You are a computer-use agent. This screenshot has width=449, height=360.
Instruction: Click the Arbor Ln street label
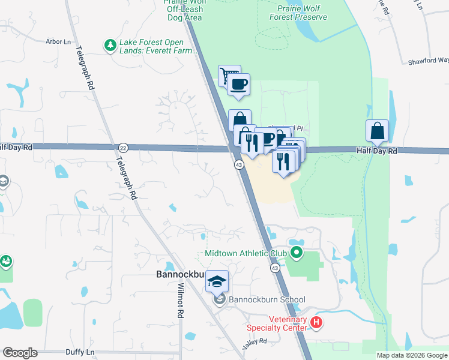pyautogui.click(x=58, y=42)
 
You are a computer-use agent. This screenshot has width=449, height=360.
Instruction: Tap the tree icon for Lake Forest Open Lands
pyautogui.click(x=110, y=45)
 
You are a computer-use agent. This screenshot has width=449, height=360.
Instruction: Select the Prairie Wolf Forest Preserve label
pyautogui.click(x=302, y=13)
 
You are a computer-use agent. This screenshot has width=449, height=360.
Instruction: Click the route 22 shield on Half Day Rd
pyautogui.click(x=123, y=147)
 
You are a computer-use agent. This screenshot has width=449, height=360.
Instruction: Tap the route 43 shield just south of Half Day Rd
pyautogui.click(x=238, y=164)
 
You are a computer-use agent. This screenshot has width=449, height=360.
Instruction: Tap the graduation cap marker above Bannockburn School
pyautogui.click(x=217, y=280)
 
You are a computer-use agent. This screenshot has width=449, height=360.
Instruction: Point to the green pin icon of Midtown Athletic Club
pyautogui.click(x=295, y=253)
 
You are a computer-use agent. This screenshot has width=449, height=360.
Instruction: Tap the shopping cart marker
pyautogui.click(x=229, y=76)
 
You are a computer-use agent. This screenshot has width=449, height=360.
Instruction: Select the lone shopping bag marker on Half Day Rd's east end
pyautogui.click(x=377, y=130)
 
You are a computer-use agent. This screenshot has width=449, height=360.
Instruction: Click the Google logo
pyautogui.click(x=20, y=353)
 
